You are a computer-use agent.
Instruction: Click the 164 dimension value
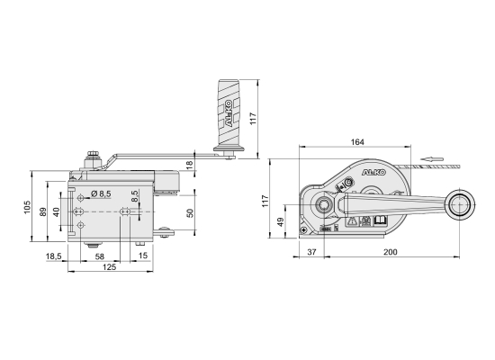357,142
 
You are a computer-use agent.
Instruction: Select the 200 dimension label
391,252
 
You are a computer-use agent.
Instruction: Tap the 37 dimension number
311,252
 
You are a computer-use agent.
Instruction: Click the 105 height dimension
28,207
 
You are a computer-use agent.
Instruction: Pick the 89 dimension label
43,211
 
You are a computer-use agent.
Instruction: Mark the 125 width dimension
109,267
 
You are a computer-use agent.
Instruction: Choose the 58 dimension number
99,256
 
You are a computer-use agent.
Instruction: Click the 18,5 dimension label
54,256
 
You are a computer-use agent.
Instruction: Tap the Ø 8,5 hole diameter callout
101,193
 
